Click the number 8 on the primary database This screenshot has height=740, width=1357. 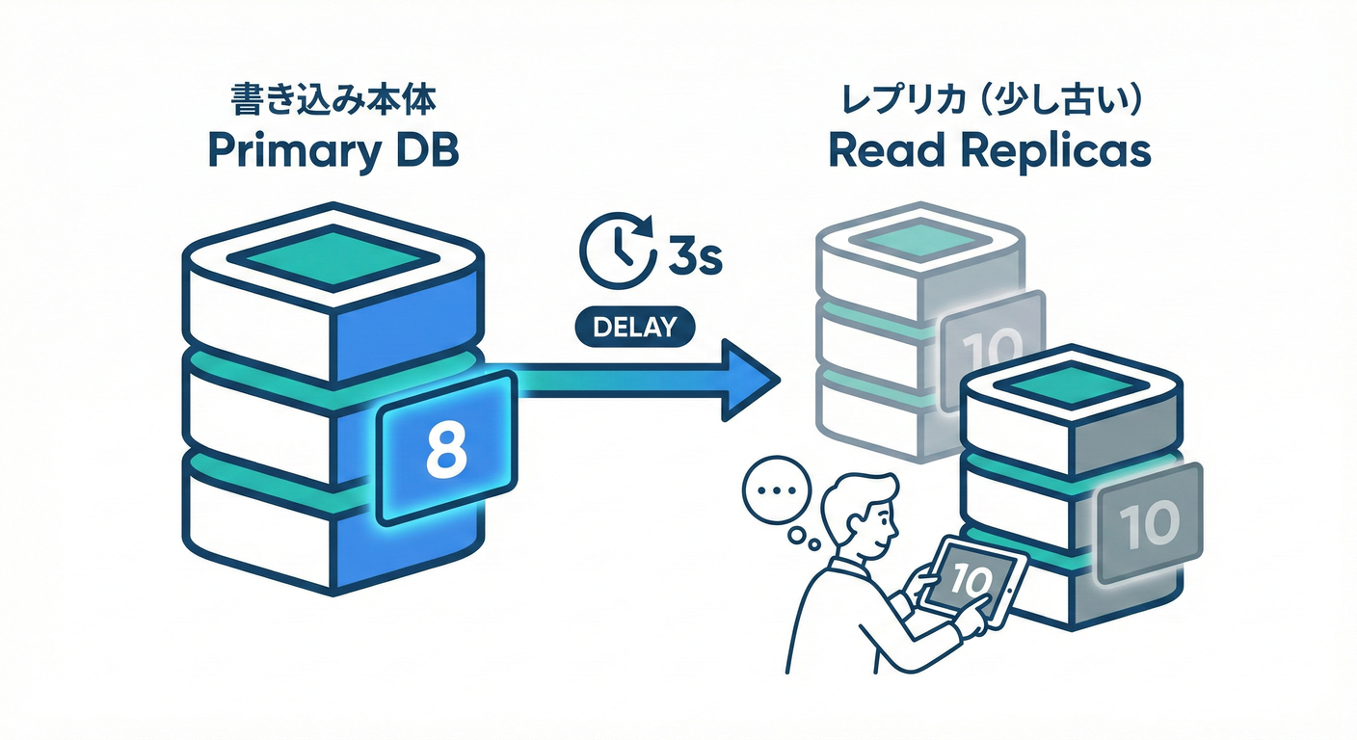pyautogui.click(x=444, y=450)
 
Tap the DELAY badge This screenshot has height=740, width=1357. pyautogui.click(x=633, y=327)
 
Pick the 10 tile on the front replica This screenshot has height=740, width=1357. pyautogui.click(x=1151, y=521)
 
